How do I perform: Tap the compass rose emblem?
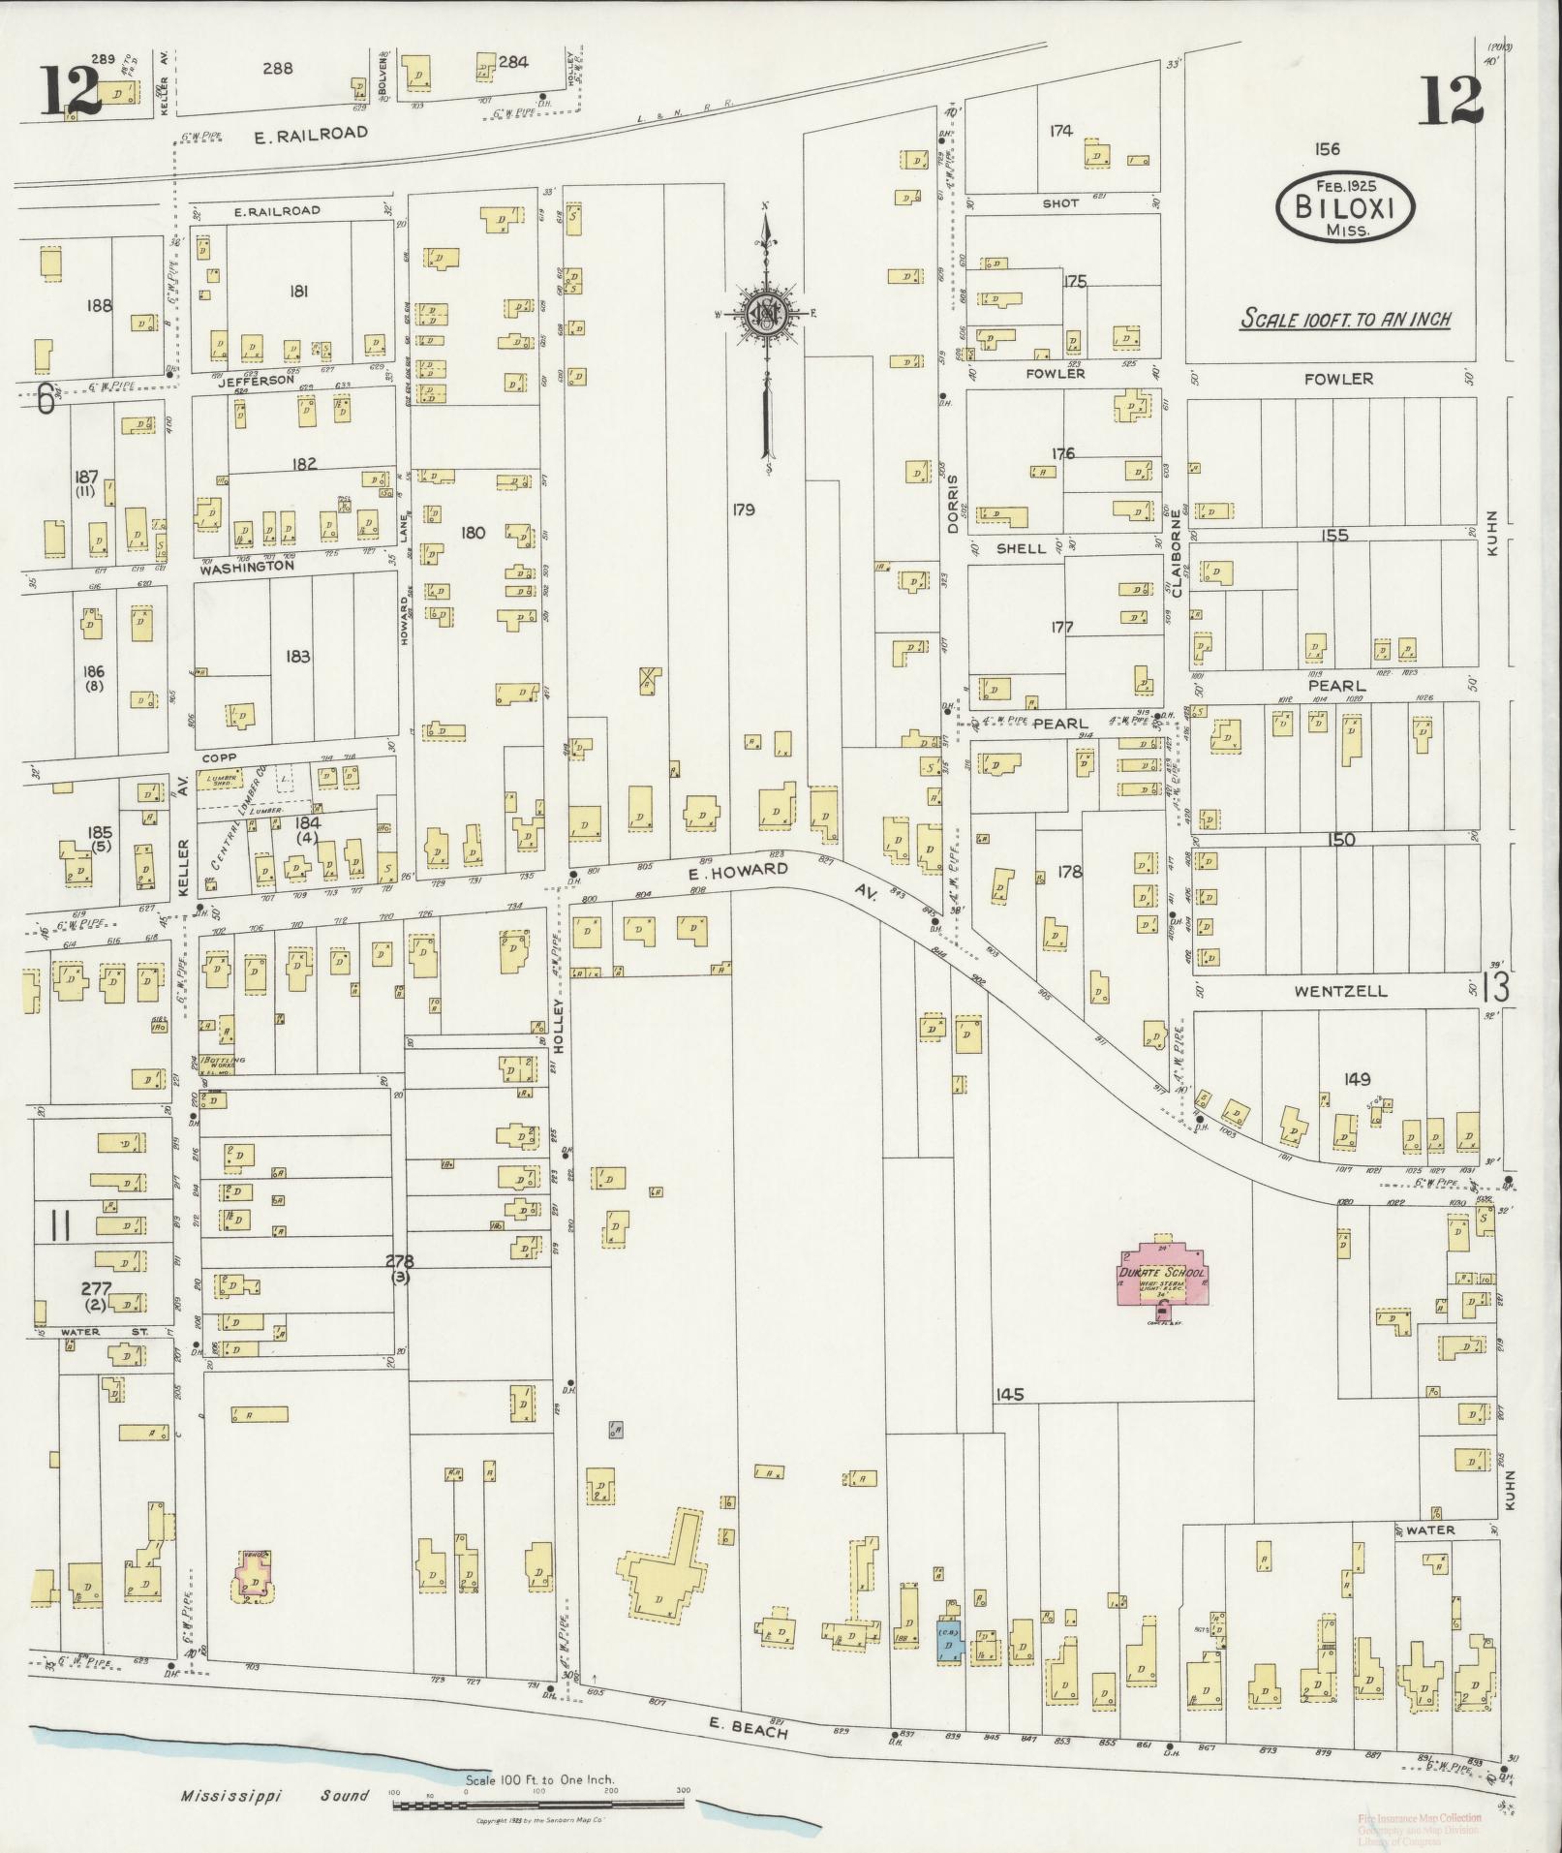pos(765,313)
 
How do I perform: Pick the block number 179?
pos(743,510)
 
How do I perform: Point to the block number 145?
pos(1008,1395)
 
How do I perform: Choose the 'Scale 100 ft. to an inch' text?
pos(1346,319)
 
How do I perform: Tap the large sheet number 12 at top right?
pos(1450,101)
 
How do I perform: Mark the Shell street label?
pos(1021,548)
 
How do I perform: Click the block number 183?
pos(297,657)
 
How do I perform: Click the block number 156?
pos(1327,149)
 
